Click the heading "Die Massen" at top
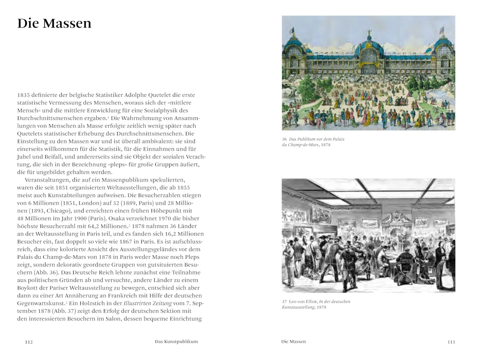point(54,23)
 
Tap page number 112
point(29,342)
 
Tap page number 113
point(451,342)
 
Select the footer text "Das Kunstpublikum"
point(176,342)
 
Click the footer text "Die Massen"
point(293,342)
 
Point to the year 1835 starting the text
point(24,95)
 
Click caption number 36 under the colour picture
point(284,139)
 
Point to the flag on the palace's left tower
point(292,30)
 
